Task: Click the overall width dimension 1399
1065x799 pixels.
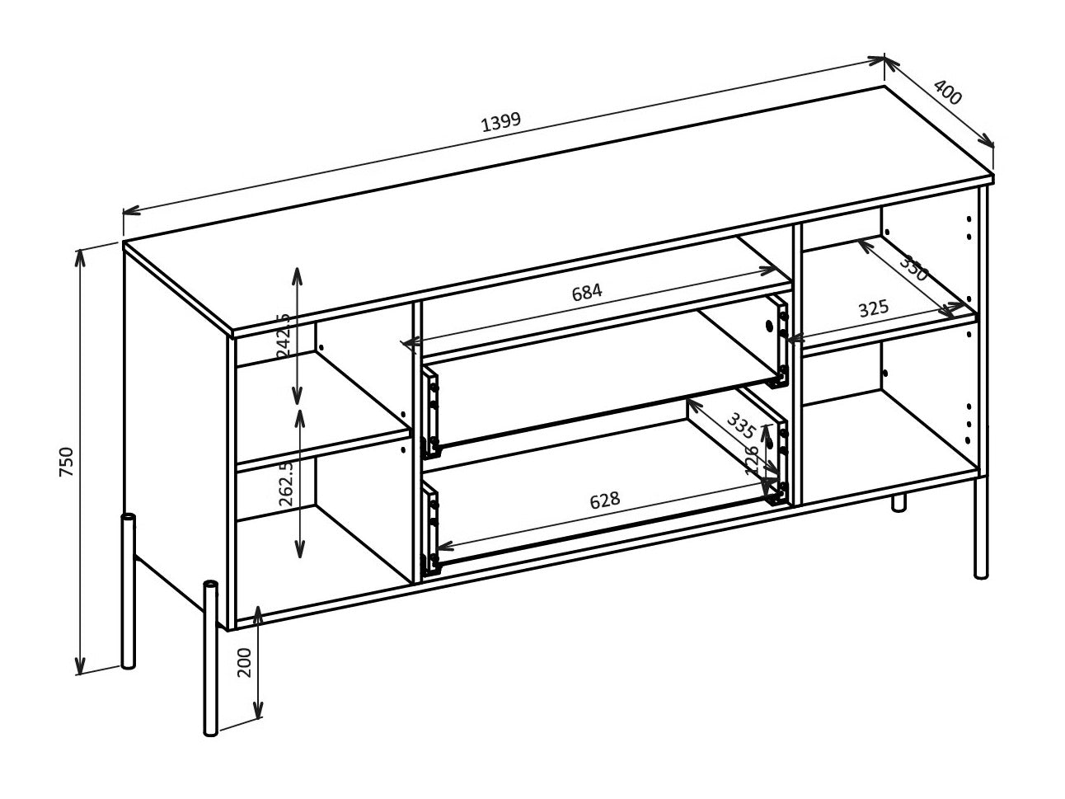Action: point(501,121)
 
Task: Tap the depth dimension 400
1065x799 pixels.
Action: point(948,92)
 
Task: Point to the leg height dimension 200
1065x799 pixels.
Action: point(245,662)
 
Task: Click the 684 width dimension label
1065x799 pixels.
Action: point(587,291)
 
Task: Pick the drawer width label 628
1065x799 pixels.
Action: point(604,501)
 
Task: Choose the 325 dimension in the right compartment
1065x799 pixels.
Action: point(873,309)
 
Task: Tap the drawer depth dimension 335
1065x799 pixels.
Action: point(740,424)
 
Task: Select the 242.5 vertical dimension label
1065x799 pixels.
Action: point(284,334)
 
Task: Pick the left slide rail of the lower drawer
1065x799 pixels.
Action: point(429,529)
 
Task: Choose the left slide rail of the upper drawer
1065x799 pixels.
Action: point(429,413)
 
